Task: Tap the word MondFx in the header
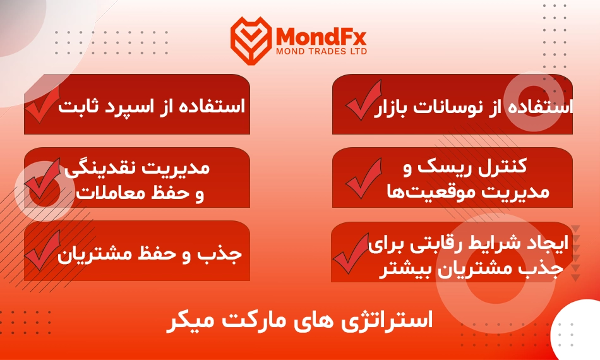click(x=321, y=37)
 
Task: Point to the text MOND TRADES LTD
click(x=321, y=51)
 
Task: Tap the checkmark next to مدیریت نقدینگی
click(x=42, y=178)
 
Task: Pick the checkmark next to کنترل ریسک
click(x=364, y=178)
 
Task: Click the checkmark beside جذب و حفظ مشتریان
click(x=42, y=251)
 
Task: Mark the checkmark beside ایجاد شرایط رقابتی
click(x=351, y=253)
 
